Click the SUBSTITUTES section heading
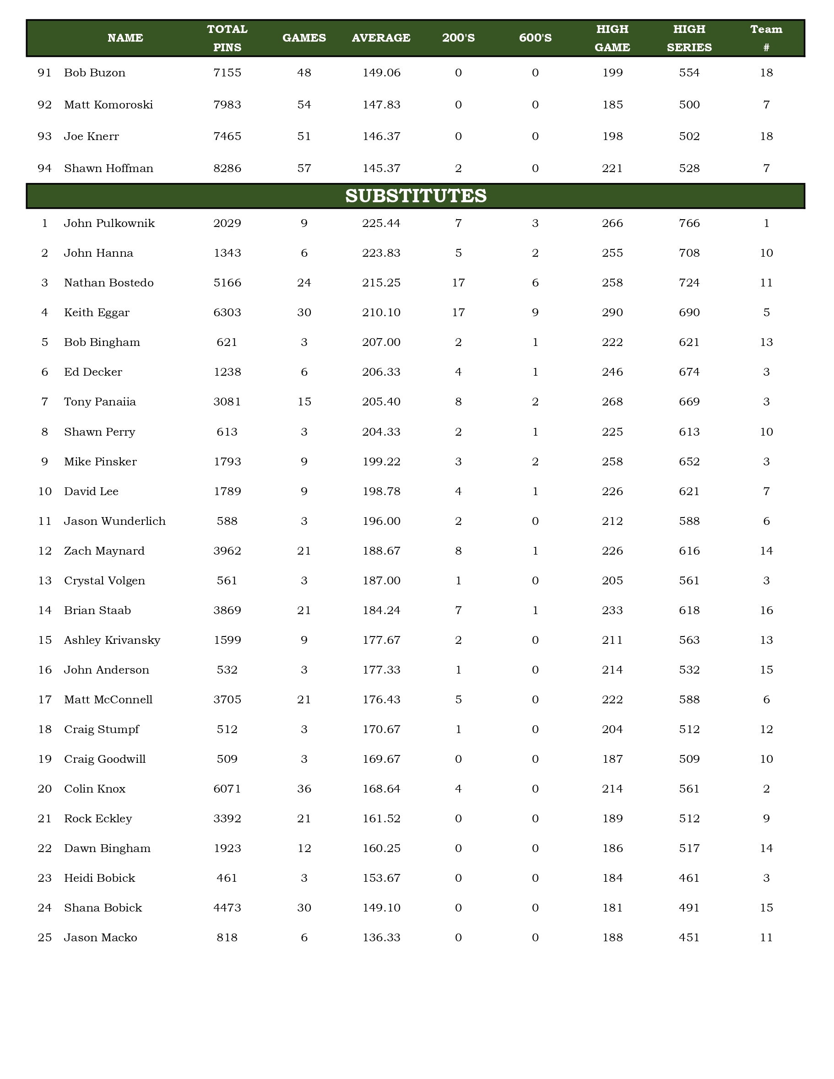[x=416, y=196]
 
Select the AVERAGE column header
[x=381, y=38]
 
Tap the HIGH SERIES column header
[x=689, y=38]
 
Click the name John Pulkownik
[x=109, y=223]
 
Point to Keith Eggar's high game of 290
[x=612, y=313]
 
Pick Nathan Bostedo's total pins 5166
[x=227, y=283]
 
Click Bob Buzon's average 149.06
[x=381, y=73]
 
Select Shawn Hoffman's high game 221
[x=612, y=168]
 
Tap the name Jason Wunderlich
[x=114, y=521]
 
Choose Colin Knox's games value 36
[x=304, y=789]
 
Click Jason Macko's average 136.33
[x=381, y=938]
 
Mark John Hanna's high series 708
[x=689, y=254]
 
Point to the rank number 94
[x=44, y=168]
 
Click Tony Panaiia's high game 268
[x=612, y=402]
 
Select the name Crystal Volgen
[x=104, y=581]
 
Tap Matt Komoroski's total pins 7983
[x=227, y=105]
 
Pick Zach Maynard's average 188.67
[x=381, y=551]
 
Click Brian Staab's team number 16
[x=766, y=610]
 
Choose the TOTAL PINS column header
[x=227, y=38]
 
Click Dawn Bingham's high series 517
[x=689, y=848]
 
